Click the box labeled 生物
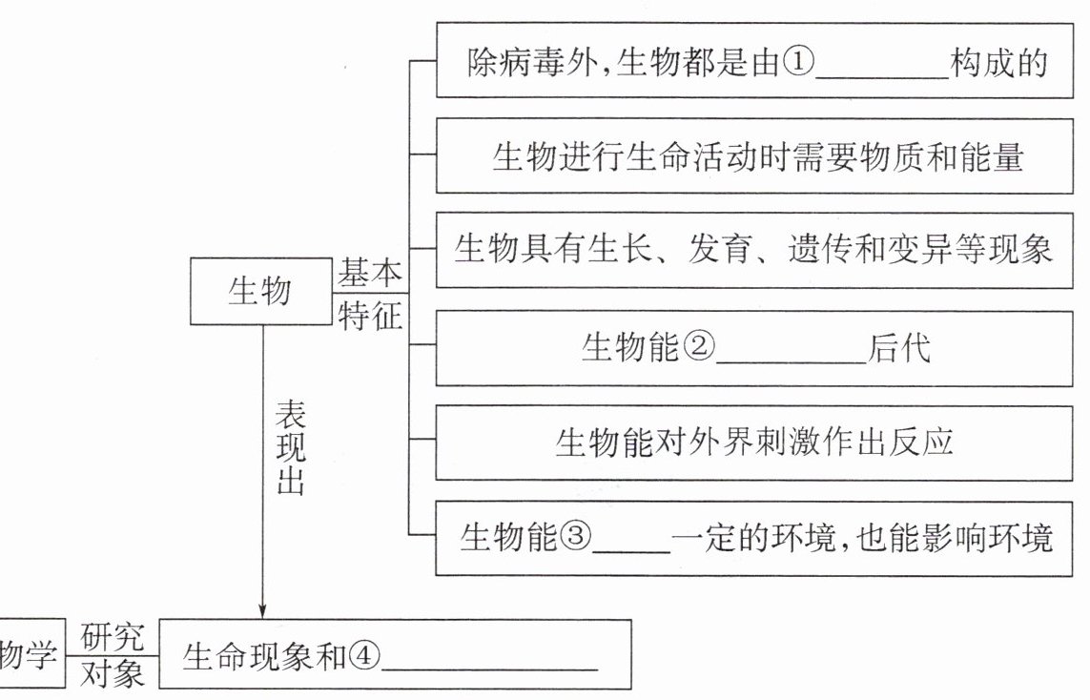(261, 291)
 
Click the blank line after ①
(882, 77)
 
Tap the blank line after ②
(792, 361)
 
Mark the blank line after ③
(631, 552)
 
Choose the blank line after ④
(490, 669)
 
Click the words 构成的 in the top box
(999, 63)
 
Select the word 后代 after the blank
(899, 346)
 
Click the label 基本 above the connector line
(370, 273)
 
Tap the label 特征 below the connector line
(370, 316)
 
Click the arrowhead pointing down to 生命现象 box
(263, 610)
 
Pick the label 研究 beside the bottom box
(112, 636)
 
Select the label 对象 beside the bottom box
(112, 673)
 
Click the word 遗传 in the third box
(819, 249)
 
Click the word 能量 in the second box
(991, 156)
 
